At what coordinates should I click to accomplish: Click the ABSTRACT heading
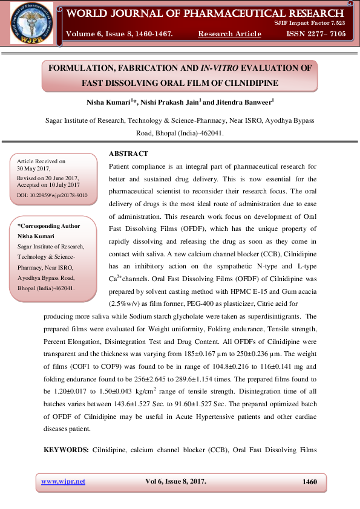tap(128, 154)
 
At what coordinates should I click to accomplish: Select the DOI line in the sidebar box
tap(53, 195)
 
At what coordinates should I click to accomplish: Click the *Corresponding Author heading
tap(48, 225)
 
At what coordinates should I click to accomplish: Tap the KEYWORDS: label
tap(66, 449)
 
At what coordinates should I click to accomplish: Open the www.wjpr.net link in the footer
tap(63, 481)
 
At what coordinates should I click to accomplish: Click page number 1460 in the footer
tap(309, 481)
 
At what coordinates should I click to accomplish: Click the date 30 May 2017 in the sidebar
tap(34, 169)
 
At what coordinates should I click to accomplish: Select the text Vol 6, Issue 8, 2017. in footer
tap(175, 481)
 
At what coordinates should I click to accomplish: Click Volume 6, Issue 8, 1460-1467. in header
tap(119, 34)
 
